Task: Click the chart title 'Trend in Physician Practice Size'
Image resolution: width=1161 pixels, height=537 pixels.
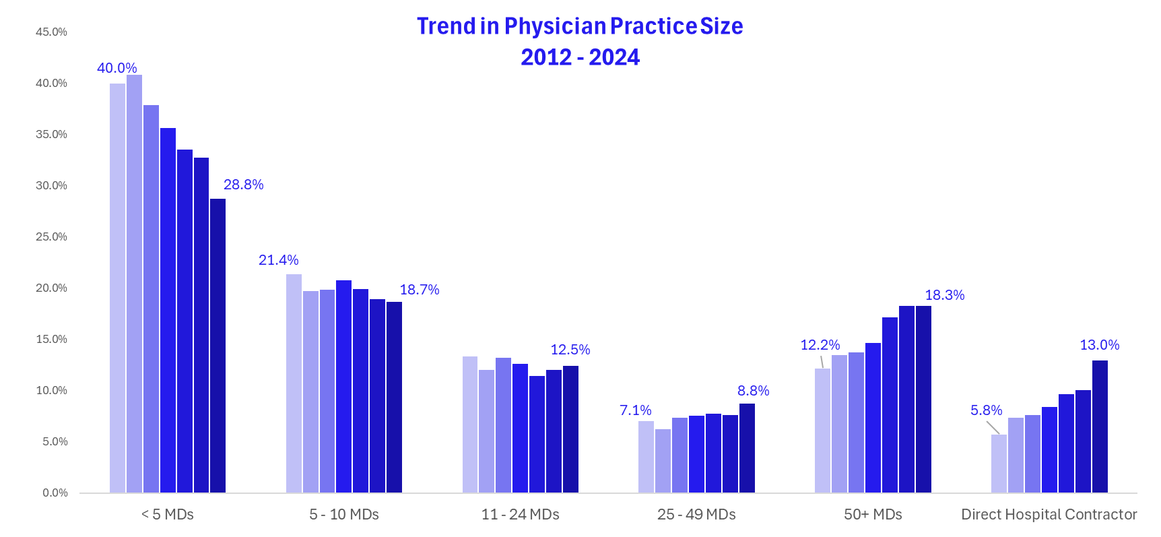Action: pyautogui.click(x=580, y=26)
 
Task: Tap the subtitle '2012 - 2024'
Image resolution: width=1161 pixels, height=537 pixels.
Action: pyautogui.click(x=580, y=57)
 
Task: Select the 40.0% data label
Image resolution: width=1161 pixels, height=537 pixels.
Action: pyautogui.click(x=117, y=68)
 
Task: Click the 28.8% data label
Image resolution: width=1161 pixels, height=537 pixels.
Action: pyautogui.click(x=243, y=185)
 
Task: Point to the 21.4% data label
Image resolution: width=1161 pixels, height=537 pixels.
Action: pyautogui.click(x=278, y=260)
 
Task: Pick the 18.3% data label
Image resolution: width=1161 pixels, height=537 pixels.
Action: pyautogui.click(x=944, y=295)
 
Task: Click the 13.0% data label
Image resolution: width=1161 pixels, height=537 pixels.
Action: pyautogui.click(x=1099, y=345)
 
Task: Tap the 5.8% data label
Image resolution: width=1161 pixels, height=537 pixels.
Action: pyautogui.click(x=986, y=410)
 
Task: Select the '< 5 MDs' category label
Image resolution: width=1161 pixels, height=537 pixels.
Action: pyautogui.click(x=168, y=515)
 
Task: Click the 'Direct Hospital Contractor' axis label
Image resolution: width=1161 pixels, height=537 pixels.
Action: pyautogui.click(x=1049, y=515)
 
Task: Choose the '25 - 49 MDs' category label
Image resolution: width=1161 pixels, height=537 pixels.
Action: pyautogui.click(x=696, y=515)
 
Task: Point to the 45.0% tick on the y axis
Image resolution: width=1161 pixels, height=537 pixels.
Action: pyautogui.click(x=52, y=32)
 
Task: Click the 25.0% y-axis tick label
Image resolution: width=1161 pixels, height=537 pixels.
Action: pyautogui.click(x=52, y=237)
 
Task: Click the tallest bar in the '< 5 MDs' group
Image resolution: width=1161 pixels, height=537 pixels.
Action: pyautogui.click(x=134, y=283)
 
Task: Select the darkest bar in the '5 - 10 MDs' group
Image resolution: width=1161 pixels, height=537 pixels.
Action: pyautogui.click(x=394, y=398)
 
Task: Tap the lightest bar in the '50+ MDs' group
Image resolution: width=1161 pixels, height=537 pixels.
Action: pyautogui.click(x=822, y=431)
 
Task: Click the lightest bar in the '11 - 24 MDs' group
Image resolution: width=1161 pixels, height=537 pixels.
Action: pyautogui.click(x=470, y=424)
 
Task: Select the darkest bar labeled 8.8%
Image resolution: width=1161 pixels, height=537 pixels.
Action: pyautogui.click(x=747, y=448)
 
